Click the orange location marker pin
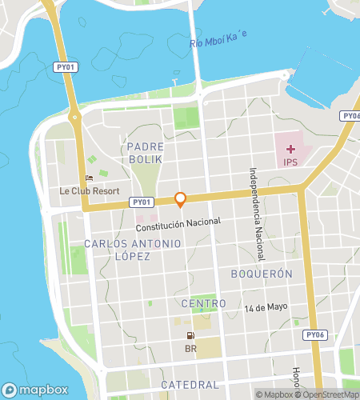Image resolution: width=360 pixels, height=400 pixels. [181, 198]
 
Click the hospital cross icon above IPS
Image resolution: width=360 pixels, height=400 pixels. [290, 149]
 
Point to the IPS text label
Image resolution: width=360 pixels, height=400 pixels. [290, 162]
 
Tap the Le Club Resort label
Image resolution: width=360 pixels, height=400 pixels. [89, 191]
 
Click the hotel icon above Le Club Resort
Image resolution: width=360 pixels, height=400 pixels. [89, 178]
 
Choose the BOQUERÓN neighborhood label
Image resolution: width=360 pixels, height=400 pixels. [262, 274]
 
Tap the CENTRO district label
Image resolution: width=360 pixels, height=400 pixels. [203, 304]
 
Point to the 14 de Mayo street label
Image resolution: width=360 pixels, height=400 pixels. [266, 307]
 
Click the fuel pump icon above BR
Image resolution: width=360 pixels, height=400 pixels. [190, 336]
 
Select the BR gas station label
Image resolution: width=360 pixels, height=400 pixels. [190, 350]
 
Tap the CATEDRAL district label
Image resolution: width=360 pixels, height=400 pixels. [190, 385]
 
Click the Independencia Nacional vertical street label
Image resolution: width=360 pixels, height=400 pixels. [255, 214]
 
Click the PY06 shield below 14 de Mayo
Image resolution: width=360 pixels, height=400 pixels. [315, 334]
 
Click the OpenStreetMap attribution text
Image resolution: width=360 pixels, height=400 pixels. [326, 394]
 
